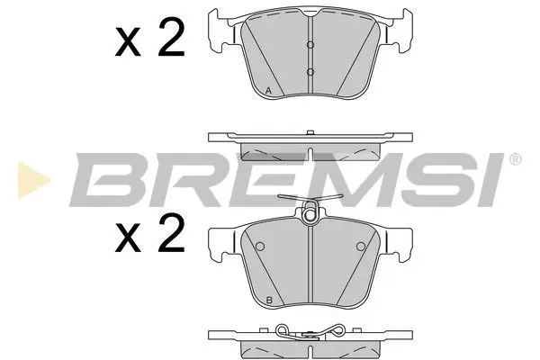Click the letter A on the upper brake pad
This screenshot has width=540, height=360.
click(269, 89)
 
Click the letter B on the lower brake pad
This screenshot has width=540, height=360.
click(269, 300)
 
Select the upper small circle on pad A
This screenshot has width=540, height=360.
click(310, 47)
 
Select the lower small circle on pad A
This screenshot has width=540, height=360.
click(310, 71)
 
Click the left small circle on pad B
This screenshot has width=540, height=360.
click(259, 247)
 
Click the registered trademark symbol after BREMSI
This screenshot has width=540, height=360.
click(515, 160)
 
